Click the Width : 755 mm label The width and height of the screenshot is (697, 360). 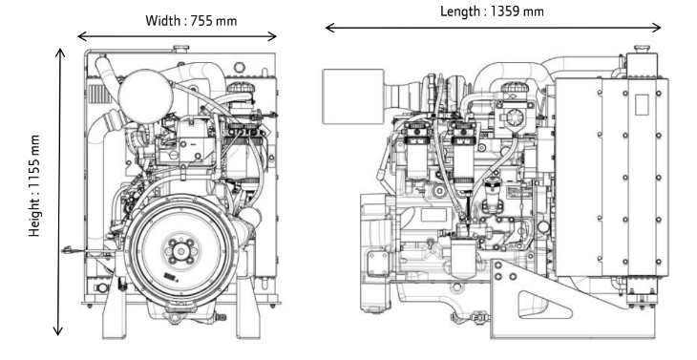pos(191,21)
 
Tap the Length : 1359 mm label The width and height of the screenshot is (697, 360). pos(492,11)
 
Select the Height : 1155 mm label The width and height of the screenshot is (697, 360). pos(34,186)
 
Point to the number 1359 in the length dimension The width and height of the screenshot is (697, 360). pos(505,11)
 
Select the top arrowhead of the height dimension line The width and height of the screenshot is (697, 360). pos(59,53)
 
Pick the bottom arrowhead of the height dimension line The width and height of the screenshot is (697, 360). pos(58,330)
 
